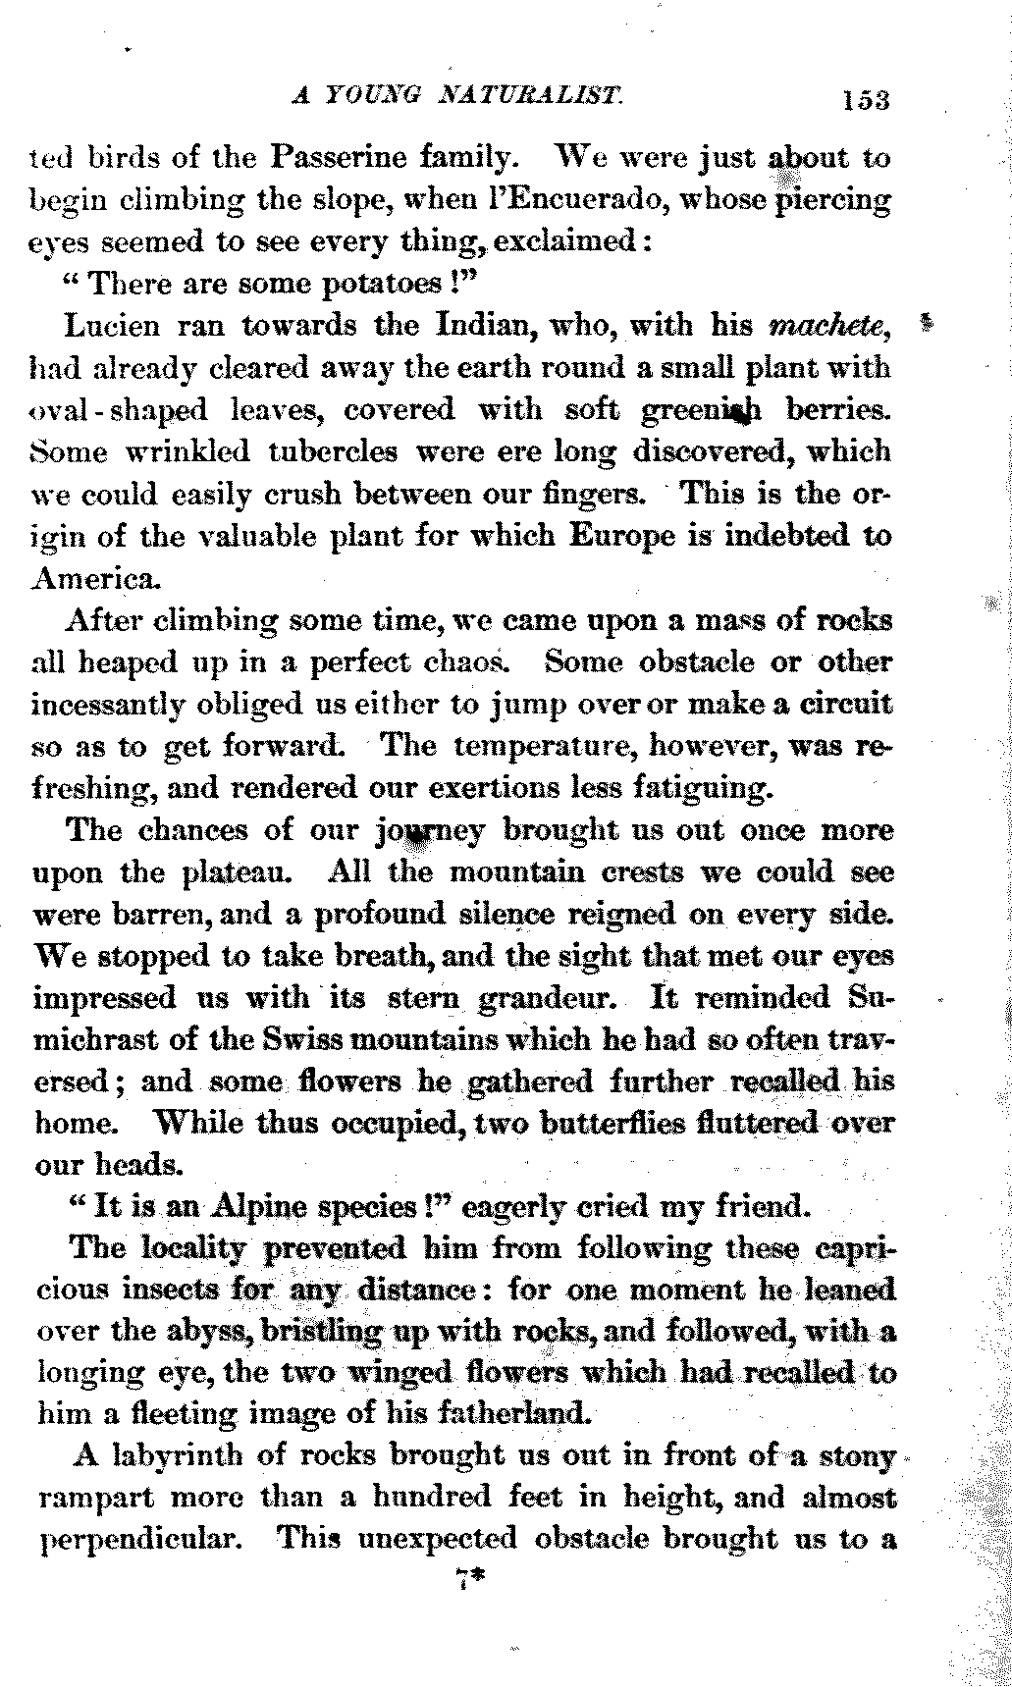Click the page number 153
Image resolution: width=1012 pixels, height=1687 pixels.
click(864, 99)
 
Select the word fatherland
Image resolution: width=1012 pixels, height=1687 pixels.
click(511, 1414)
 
